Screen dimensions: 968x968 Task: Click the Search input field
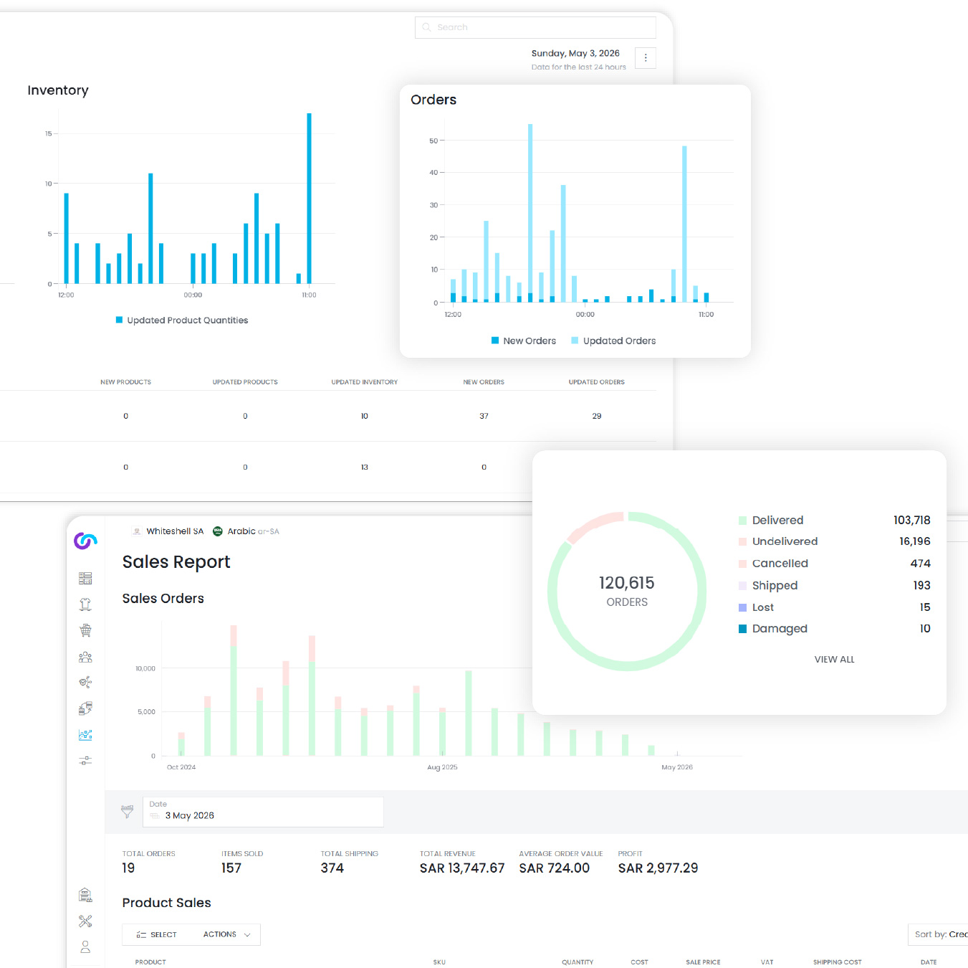535,27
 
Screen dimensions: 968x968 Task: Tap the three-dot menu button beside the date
646,58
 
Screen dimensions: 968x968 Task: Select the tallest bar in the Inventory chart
309,198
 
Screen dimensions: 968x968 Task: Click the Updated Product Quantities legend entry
182,321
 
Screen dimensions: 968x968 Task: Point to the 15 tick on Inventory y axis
48,134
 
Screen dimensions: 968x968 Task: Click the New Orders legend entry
524,341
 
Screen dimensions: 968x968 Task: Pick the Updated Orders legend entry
613,341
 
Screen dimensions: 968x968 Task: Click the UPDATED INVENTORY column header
364,382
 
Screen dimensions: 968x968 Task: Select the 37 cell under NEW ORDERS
484,416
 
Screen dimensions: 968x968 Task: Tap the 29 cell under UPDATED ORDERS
597,416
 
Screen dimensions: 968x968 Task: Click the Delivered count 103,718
911,520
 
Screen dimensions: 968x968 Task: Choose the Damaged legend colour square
742,629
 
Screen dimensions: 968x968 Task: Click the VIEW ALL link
835,659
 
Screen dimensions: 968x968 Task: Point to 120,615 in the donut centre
626,583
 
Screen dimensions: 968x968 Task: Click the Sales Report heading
176,561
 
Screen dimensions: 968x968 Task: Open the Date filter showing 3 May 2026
263,812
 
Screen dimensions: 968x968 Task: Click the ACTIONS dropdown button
226,934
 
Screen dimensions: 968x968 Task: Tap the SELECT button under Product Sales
156,934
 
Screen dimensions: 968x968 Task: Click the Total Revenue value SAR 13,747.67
461,868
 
